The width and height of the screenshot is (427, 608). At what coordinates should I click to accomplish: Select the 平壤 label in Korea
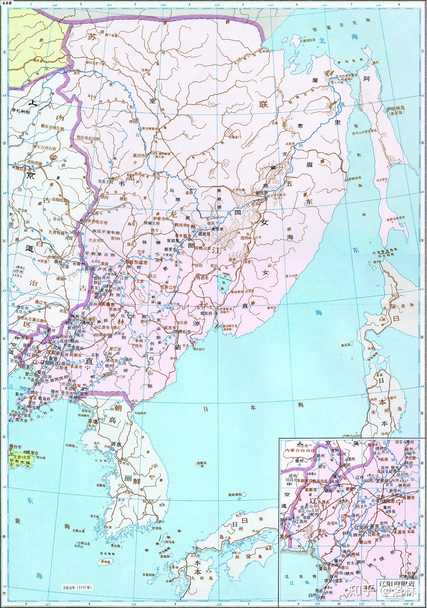pyautogui.click(x=93, y=421)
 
